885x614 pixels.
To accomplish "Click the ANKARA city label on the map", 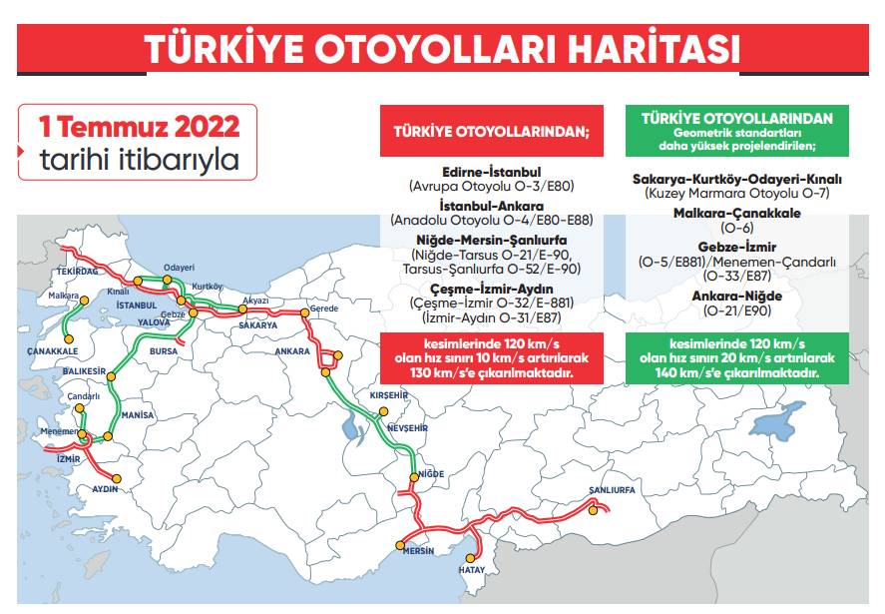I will point(292,351).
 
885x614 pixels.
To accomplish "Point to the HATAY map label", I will point(470,569).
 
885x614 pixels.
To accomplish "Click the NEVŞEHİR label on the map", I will point(406,427).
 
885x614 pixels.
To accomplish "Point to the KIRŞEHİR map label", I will point(390,395).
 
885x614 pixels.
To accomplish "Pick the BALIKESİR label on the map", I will point(84,370).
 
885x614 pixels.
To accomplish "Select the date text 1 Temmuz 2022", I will point(139,127).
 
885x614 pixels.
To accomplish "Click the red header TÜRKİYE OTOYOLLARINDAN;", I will point(492,130).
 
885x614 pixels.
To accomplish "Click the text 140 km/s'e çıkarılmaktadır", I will point(737,371).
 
